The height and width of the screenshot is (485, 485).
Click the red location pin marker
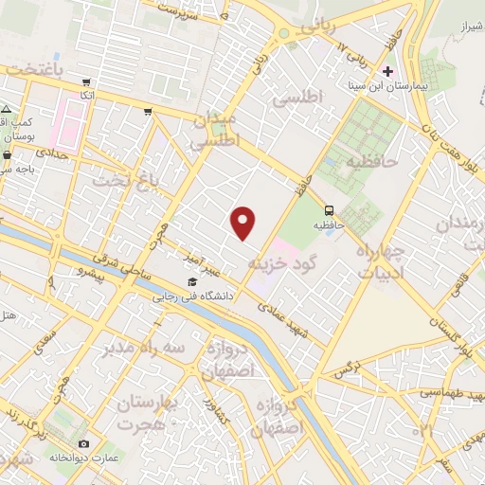coord(244,222)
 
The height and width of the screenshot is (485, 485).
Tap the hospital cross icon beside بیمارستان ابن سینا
coord(387,72)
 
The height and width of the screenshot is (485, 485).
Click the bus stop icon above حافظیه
coord(329,209)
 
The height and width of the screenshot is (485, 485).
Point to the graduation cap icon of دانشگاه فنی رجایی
coord(193,282)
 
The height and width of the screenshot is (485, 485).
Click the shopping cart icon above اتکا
coord(87,83)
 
